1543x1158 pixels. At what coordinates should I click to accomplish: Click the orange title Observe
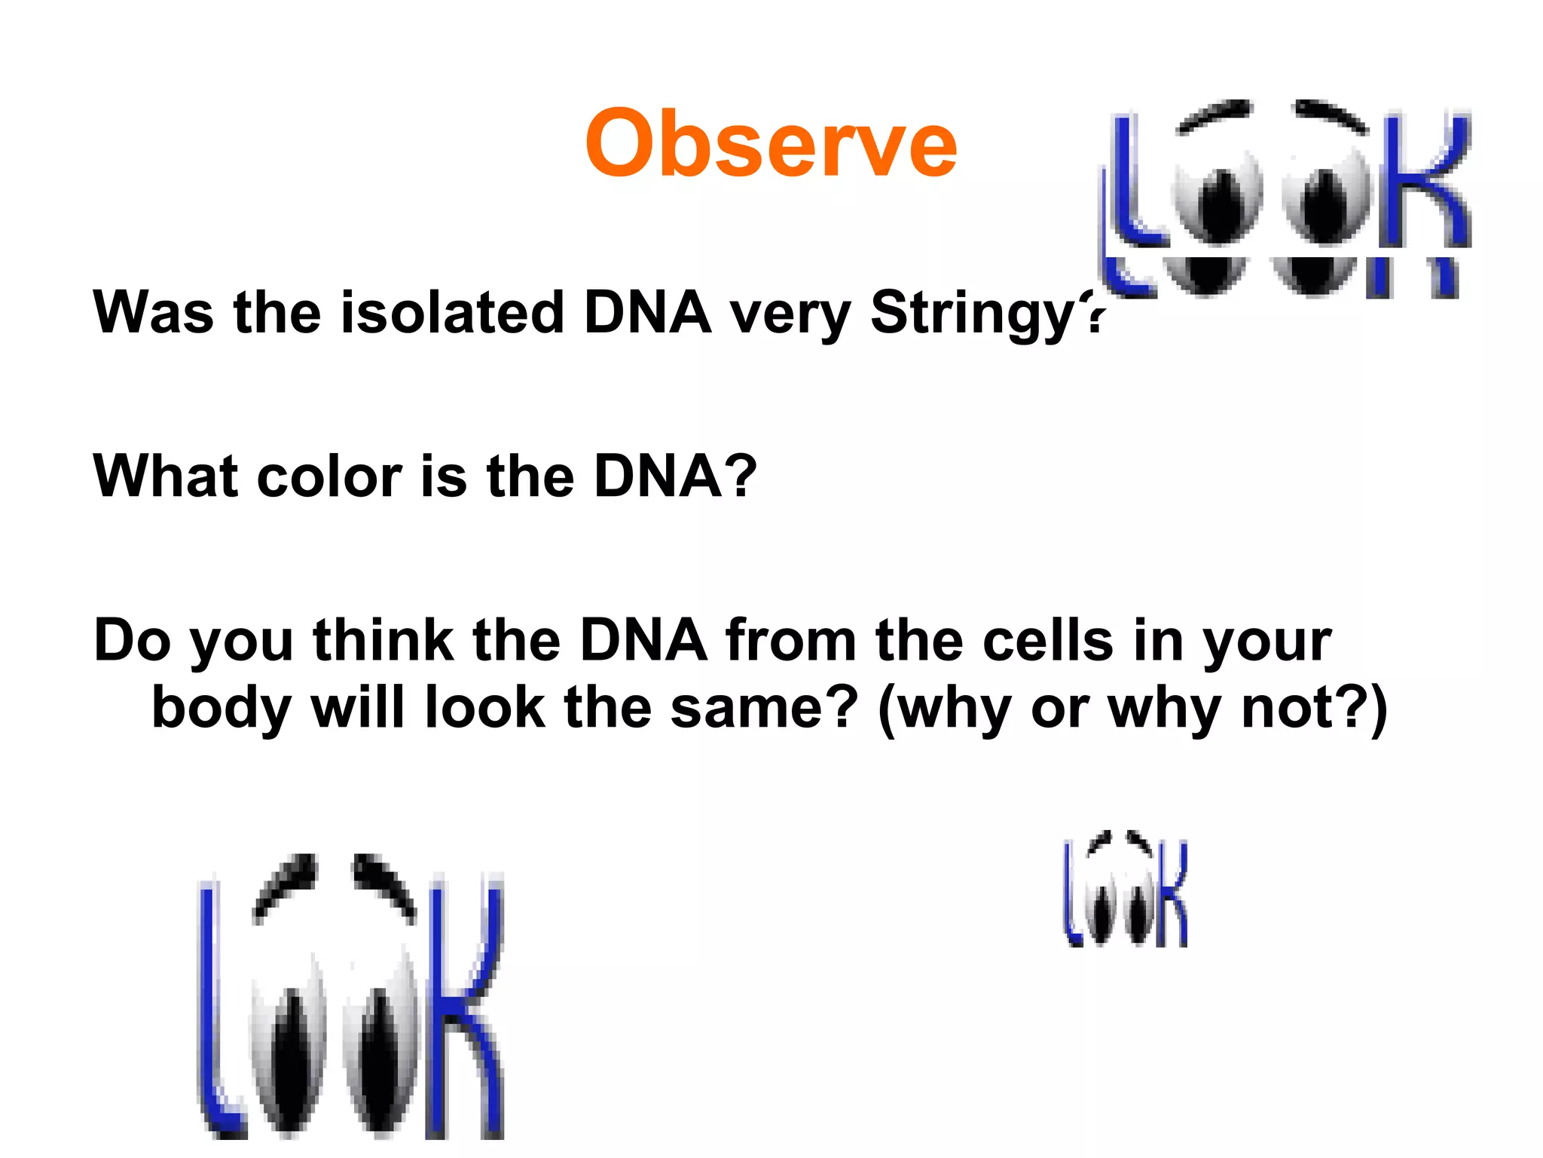tap(770, 143)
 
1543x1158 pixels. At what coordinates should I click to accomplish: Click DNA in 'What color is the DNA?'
tap(659, 476)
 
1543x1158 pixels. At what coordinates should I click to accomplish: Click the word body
tap(221, 709)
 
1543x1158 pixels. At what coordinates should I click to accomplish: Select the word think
tap(383, 641)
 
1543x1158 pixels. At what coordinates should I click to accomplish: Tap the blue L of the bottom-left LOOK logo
tap(215, 1018)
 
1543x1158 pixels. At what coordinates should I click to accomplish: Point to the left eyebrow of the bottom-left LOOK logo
tap(286, 882)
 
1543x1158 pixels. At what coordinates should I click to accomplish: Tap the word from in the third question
tap(790, 641)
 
